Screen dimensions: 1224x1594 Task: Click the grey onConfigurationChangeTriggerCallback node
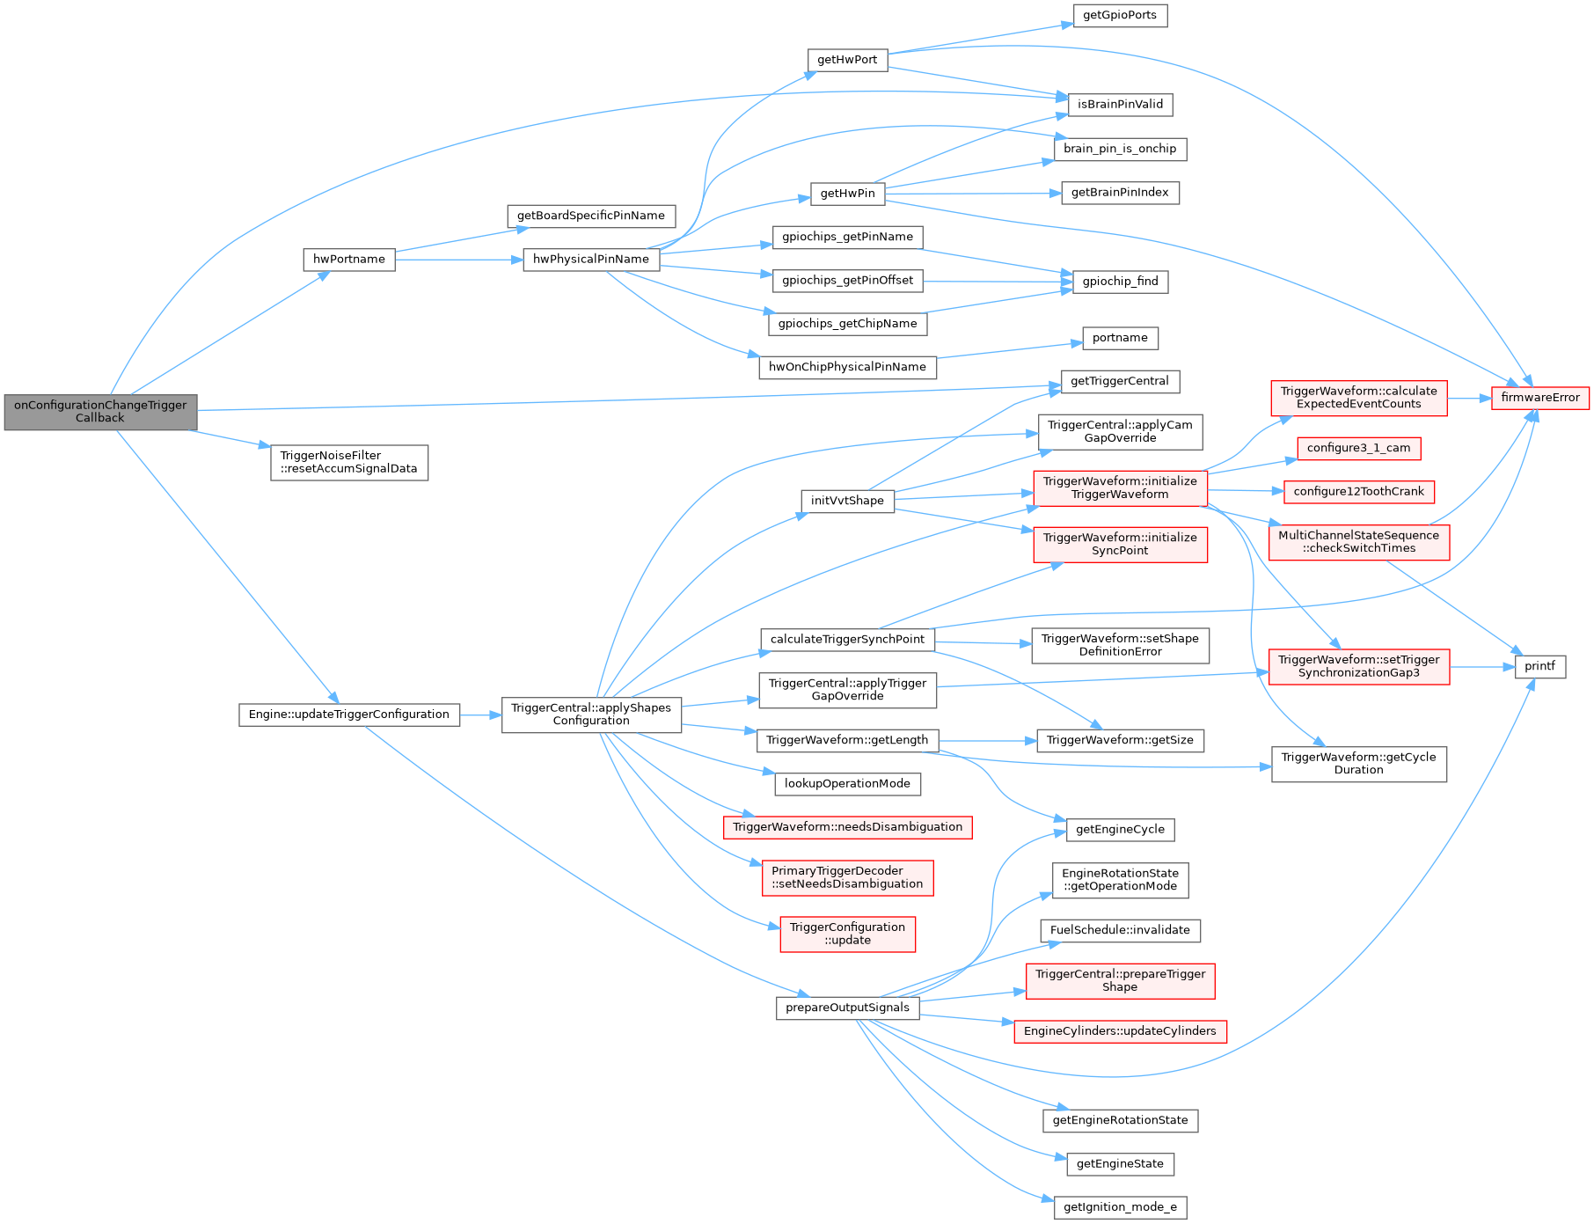click(x=100, y=412)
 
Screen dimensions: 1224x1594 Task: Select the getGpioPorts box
click(x=1120, y=16)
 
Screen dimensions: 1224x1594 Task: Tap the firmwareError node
click(x=1539, y=398)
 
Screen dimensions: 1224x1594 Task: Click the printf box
click(x=1539, y=667)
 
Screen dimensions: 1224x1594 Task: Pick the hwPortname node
click(x=349, y=260)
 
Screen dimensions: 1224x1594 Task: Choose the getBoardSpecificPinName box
click(x=591, y=216)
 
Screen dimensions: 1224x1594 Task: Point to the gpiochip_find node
click(x=1120, y=282)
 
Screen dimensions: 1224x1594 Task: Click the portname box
click(x=1120, y=338)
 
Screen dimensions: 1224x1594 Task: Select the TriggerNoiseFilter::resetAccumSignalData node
click(x=349, y=462)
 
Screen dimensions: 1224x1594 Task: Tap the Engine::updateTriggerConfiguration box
click(x=349, y=715)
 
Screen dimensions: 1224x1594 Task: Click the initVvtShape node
click(x=847, y=501)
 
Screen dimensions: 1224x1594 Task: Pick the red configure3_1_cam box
click(x=1358, y=448)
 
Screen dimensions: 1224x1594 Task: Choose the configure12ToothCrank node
click(x=1358, y=492)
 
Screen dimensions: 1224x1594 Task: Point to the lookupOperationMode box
click(x=847, y=784)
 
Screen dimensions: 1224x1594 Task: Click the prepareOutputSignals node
click(x=847, y=1008)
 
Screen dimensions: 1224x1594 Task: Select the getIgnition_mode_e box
click(x=1120, y=1207)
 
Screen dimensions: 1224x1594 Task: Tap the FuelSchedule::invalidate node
click(x=1120, y=930)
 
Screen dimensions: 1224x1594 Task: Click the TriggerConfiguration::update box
click(x=847, y=934)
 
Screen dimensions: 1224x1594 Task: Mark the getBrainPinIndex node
click(x=1120, y=193)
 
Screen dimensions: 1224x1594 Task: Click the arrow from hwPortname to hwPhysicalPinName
click(x=457, y=260)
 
